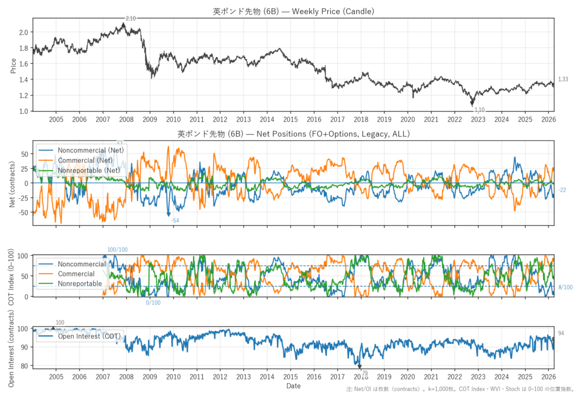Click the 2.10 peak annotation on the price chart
(130, 19)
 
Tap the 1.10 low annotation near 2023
(479, 110)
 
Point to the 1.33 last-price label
(563, 80)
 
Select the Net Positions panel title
(293, 134)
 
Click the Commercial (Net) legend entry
(89, 160)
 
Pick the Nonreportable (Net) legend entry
(89, 170)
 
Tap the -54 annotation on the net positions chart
(175, 220)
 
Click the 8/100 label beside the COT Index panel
(565, 288)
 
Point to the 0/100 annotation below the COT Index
(153, 303)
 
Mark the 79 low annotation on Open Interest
(364, 372)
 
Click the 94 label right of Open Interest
(561, 333)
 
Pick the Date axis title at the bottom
(293, 386)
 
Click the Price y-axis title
(12, 66)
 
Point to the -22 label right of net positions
(562, 190)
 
